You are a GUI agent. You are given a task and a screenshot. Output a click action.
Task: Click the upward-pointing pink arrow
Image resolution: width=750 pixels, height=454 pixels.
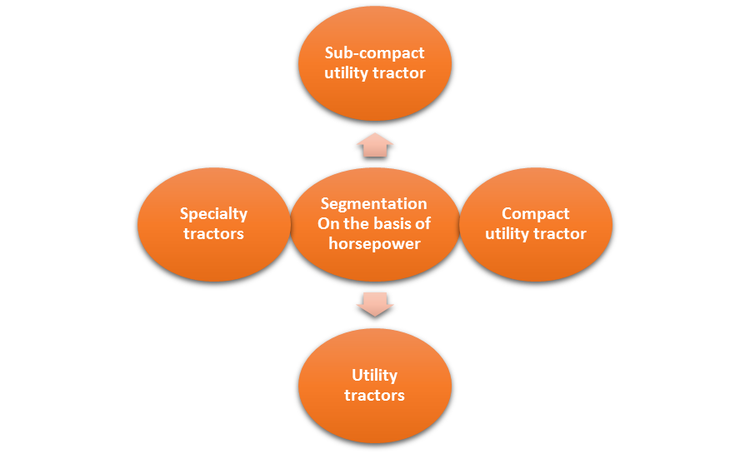[374, 145]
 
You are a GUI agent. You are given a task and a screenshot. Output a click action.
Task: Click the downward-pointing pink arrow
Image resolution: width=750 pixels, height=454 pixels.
[374, 304]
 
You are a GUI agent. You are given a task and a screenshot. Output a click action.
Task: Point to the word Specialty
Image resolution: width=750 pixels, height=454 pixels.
[213, 214]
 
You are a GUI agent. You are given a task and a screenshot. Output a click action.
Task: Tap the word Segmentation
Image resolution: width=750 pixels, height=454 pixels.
[374, 204]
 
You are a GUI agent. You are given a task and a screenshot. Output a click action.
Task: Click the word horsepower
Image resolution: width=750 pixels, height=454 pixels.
[374, 244]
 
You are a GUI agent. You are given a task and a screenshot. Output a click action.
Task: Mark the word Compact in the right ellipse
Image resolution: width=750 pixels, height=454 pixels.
[535, 214]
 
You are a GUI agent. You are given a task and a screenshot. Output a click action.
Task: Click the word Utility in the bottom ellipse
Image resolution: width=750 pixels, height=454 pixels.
[374, 375]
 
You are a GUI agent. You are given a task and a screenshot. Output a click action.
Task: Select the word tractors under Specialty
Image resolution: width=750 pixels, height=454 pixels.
[213, 234]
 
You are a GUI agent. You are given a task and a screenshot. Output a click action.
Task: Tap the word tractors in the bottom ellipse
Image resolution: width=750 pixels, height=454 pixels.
[374, 395]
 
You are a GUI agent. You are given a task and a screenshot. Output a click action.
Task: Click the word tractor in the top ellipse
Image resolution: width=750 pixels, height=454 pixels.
[399, 73]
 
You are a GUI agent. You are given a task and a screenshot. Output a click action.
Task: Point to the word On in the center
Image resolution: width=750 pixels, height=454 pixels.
[328, 224]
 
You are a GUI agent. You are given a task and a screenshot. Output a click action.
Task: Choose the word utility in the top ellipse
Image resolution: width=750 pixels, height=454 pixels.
[347, 73]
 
